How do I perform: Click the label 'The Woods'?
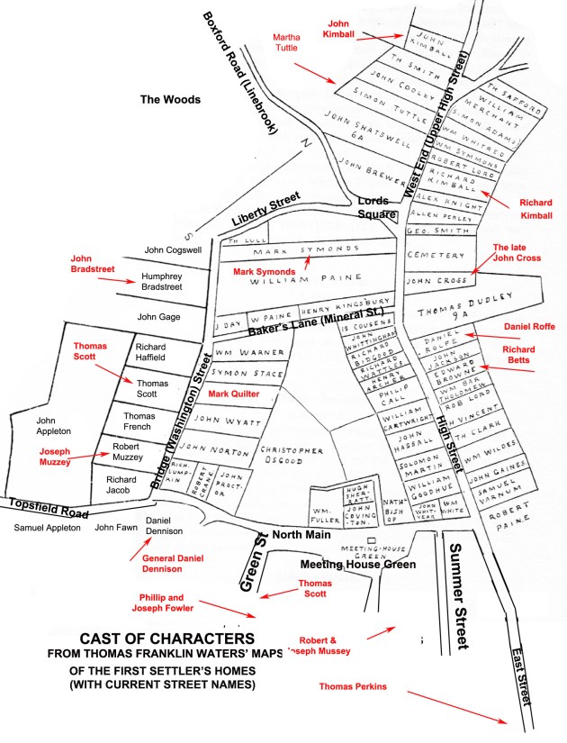click(170, 99)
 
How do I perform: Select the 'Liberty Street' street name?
click(269, 208)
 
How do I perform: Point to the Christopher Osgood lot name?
click(290, 456)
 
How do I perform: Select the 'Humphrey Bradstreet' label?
click(162, 282)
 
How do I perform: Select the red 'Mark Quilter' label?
click(234, 394)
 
